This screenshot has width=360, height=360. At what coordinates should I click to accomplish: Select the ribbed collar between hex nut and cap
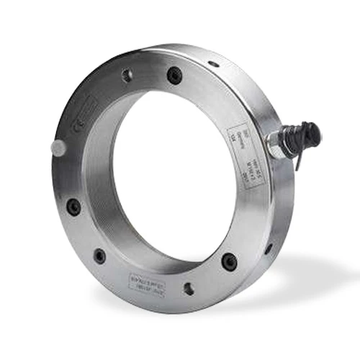[292, 138]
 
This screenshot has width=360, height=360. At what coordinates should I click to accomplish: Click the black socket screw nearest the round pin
[73, 207]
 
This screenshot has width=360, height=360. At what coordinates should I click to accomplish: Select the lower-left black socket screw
[100, 255]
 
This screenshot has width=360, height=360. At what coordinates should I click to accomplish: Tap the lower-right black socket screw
[228, 261]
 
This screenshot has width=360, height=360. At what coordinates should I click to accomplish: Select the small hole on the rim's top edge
[213, 63]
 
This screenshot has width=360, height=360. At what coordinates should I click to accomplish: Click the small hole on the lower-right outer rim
[269, 248]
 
